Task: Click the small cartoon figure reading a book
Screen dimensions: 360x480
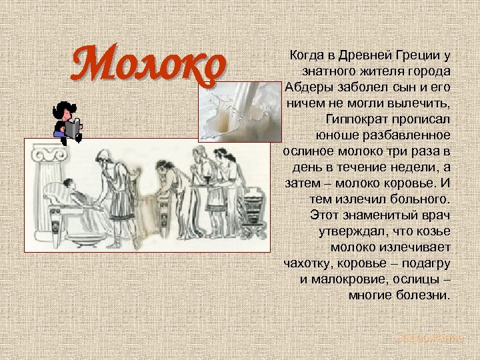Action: pyautogui.click(x=67, y=121)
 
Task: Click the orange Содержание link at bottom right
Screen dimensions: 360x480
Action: pyautogui.click(x=427, y=338)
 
